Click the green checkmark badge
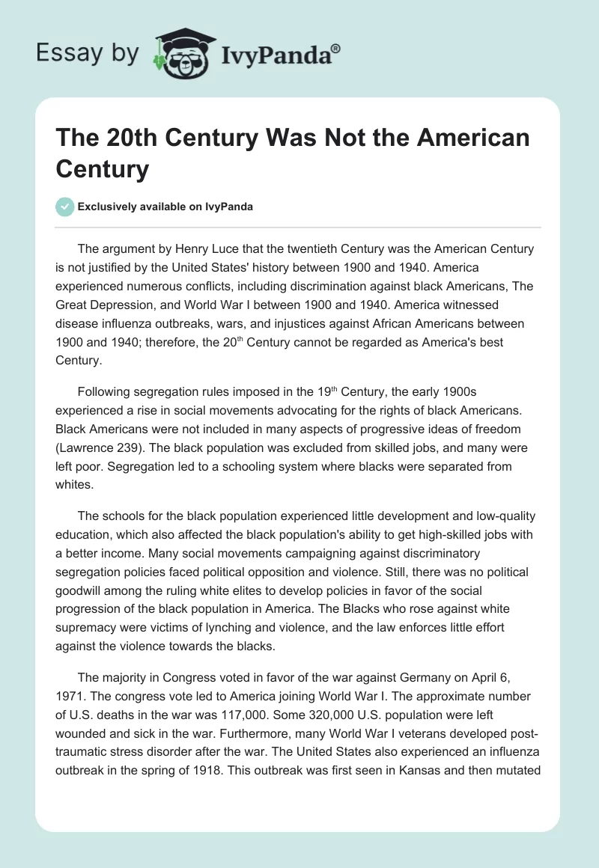tap(64, 207)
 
